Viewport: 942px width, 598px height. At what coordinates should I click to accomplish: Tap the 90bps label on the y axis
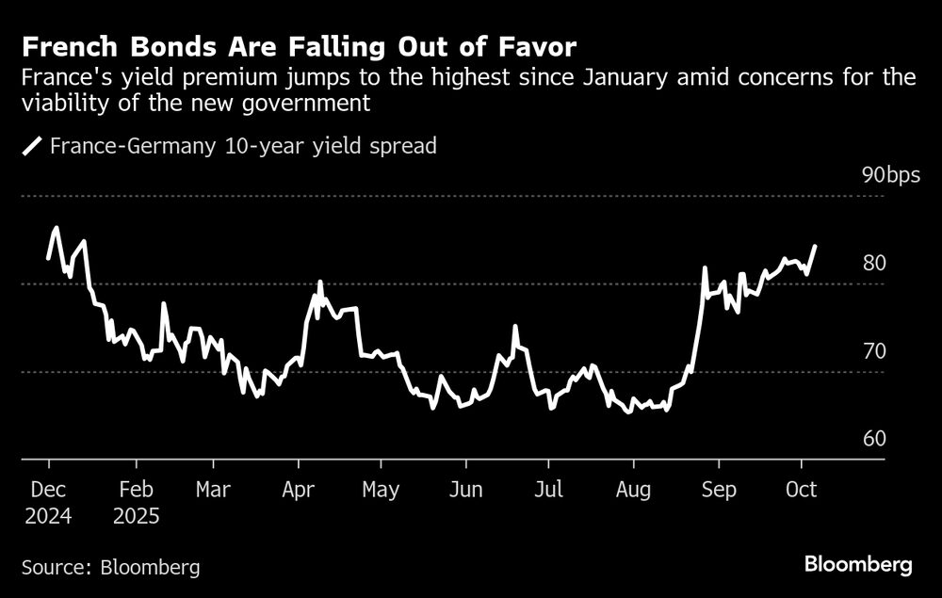(x=891, y=175)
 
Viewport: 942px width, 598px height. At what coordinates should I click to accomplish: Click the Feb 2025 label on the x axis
(x=136, y=503)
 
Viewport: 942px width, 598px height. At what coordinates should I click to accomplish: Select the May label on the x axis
(x=381, y=490)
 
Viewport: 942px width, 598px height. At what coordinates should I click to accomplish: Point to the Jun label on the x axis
(x=465, y=490)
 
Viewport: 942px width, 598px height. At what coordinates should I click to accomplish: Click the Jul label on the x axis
(x=548, y=490)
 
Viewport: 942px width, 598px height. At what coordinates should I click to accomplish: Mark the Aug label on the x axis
(x=632, y=490)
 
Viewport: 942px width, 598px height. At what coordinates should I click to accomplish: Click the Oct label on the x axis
(x=802, y=490)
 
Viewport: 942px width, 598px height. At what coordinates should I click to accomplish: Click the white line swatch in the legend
(x=33, y=146)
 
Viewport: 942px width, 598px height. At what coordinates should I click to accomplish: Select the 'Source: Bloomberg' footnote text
(x=110, y=567)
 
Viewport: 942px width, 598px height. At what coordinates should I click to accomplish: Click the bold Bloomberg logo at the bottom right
(x=858, y=565)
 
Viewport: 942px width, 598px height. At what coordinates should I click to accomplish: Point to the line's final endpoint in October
(x=815, y=246)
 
